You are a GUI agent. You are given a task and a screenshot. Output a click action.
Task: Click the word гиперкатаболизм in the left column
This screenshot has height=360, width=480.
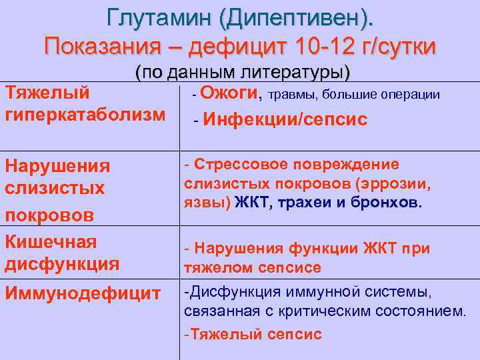coord(85,114)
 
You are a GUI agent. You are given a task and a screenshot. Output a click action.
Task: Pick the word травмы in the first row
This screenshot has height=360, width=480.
coord(293,94)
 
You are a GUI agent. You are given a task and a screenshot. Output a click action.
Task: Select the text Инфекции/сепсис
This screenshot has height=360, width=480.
coord(285,119)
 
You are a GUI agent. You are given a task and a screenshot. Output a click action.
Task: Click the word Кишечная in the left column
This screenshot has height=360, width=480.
coord(51,241)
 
